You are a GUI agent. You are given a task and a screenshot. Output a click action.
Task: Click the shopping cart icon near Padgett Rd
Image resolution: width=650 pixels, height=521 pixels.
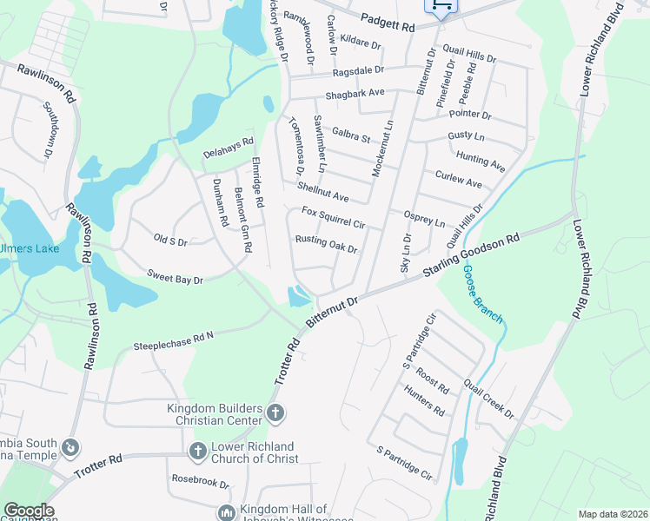click(x=441, y=7)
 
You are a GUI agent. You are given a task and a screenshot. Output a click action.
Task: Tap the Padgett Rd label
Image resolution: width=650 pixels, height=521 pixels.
click(x=382, y=27)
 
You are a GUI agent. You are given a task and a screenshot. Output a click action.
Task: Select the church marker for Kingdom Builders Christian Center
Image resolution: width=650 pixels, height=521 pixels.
click(x=275, y=413)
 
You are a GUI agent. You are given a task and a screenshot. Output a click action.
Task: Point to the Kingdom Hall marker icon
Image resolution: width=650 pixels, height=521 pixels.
click(x=226, y=513)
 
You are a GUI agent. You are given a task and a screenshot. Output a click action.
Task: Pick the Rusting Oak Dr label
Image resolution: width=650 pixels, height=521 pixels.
click(x=326, y=244)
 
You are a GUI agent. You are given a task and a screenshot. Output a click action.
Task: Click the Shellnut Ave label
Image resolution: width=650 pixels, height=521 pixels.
click(x=322, y=192)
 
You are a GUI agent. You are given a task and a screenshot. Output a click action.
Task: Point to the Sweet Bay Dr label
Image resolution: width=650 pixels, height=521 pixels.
click(x=175, y=277)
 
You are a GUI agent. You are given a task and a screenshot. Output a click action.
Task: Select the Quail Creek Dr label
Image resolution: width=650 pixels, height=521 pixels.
click(x=488, y=399)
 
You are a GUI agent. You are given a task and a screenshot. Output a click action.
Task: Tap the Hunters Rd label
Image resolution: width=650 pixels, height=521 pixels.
click(x=424, y=400)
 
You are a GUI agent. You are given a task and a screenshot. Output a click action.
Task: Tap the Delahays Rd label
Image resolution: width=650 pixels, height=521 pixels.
click(x=229, y=147)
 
